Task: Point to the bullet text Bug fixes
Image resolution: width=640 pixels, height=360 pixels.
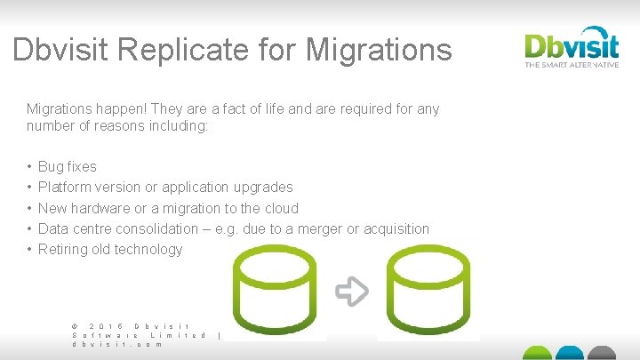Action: pyautogui.click(x=68, y=166)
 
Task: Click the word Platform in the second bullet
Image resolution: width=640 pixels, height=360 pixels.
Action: pyautogui.click(x=65, y=188)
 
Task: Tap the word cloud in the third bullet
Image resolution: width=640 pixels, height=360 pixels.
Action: pyautogui.click(x=280, y=208)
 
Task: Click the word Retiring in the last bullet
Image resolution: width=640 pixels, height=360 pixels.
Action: pyautogui.click(x=62, y=249)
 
